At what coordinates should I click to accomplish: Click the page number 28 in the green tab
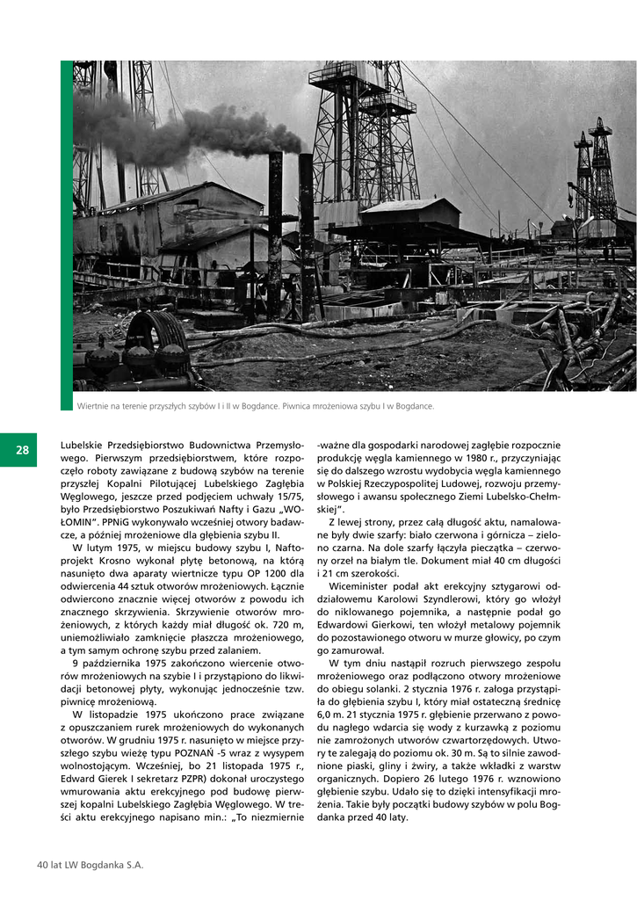tap(22, 450)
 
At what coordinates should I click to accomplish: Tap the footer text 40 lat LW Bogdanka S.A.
tap(90, 865)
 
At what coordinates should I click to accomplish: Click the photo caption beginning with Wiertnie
tap(256, 406)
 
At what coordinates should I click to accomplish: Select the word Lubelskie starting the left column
tap(85, 446)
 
